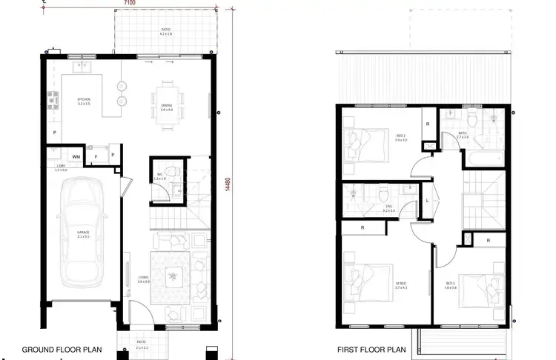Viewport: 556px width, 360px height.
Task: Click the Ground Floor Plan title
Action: pos(62,349)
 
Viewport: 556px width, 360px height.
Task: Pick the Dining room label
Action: pos(166,108)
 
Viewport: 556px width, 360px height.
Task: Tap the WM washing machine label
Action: pos(76,157)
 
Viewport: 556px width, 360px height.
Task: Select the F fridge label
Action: pos(96,157)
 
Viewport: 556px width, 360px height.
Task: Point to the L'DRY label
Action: pos(61,169)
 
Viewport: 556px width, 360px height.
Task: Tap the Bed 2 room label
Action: pos(401,138)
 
